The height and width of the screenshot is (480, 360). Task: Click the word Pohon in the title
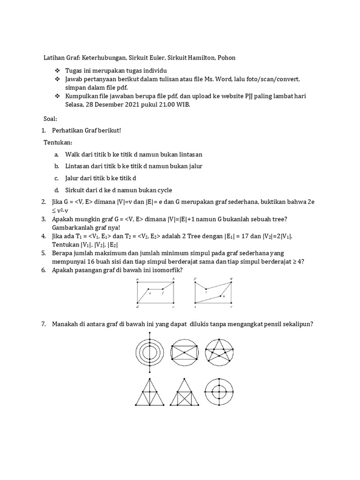[x=226, y=58]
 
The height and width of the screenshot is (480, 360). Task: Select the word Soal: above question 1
[x=50, y=119]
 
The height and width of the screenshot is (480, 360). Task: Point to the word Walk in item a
[x=73, y=154]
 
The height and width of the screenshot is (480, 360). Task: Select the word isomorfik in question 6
[x=167, y=270]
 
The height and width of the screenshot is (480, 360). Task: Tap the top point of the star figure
[x=219, y=339]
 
